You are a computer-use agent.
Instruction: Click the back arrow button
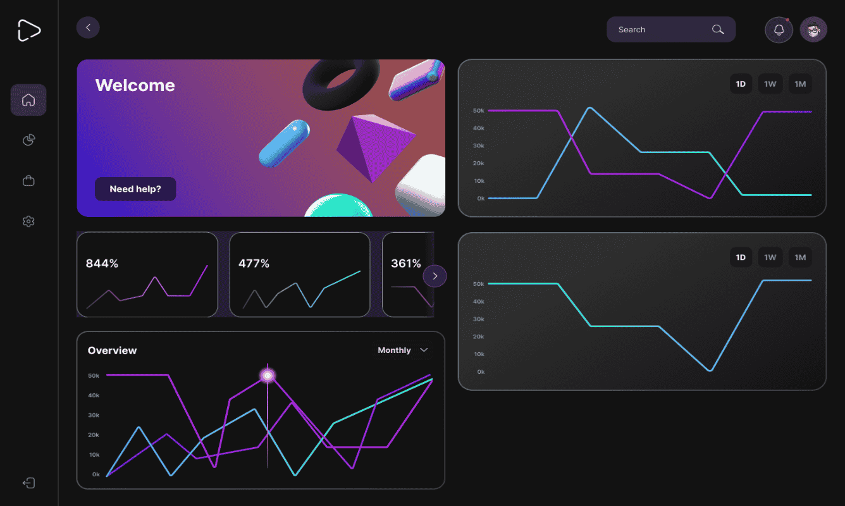click(88, 27)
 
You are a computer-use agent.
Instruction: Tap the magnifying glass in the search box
click(718, 30)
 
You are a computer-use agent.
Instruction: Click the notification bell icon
click(779, 30)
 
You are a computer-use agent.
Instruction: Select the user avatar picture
click(813, 30)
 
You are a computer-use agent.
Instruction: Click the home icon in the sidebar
click(28, 100)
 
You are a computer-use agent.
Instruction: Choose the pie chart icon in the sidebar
click(28, 140)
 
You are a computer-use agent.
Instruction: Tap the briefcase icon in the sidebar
click(28, 181)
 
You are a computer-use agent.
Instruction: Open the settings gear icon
click(28, 221)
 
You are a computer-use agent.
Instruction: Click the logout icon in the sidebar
click(28, 483)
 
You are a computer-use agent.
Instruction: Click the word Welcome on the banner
click(135, 85)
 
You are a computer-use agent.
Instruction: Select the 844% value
click(102, 263)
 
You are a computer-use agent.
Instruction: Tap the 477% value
click(254, 263)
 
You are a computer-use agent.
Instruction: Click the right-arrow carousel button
click(435, 276)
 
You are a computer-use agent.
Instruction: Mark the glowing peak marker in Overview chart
click(268, 376)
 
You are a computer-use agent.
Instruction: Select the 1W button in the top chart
click(770, 84)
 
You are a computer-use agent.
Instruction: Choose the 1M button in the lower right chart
click(800, 257)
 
